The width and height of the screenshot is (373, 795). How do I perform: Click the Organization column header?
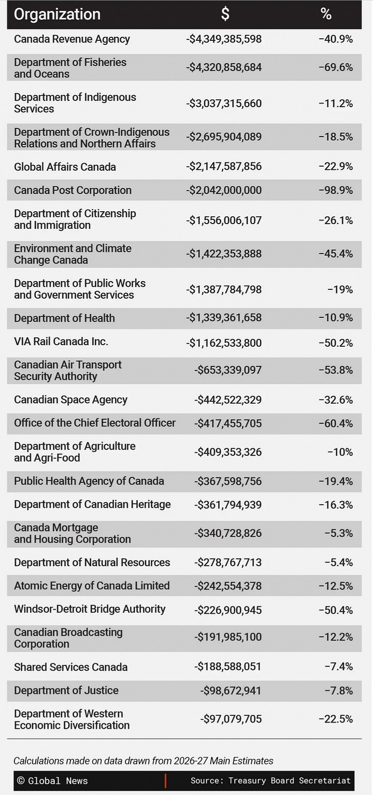click(57, 14)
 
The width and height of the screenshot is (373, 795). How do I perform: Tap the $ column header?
click(225, 14)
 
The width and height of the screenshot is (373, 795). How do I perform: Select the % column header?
click(326, 14)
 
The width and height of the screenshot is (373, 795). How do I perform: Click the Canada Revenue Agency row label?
click(72, 39)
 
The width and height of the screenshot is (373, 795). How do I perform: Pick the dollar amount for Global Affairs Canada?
click(224, 166)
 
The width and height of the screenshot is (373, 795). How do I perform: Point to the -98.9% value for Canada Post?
click(336, 190)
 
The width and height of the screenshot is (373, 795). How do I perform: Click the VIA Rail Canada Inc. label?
click(61, 341)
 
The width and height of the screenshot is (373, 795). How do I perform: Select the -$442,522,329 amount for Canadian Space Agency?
click(228, 400)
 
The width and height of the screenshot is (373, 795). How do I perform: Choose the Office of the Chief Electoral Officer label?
click(95, 423)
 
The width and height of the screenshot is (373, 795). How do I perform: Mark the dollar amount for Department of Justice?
click(231, 690)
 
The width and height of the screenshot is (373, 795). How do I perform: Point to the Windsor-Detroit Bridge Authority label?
click(90, 609)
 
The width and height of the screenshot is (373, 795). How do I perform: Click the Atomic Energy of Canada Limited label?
click(92, 585)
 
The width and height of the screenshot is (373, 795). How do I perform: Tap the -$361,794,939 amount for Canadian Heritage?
click(228, 505)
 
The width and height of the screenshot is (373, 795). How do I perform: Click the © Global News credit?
click(52, 781)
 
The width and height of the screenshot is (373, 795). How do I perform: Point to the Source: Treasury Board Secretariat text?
click(270, 781)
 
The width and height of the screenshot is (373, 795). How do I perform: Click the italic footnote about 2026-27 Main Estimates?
click(144, 760)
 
